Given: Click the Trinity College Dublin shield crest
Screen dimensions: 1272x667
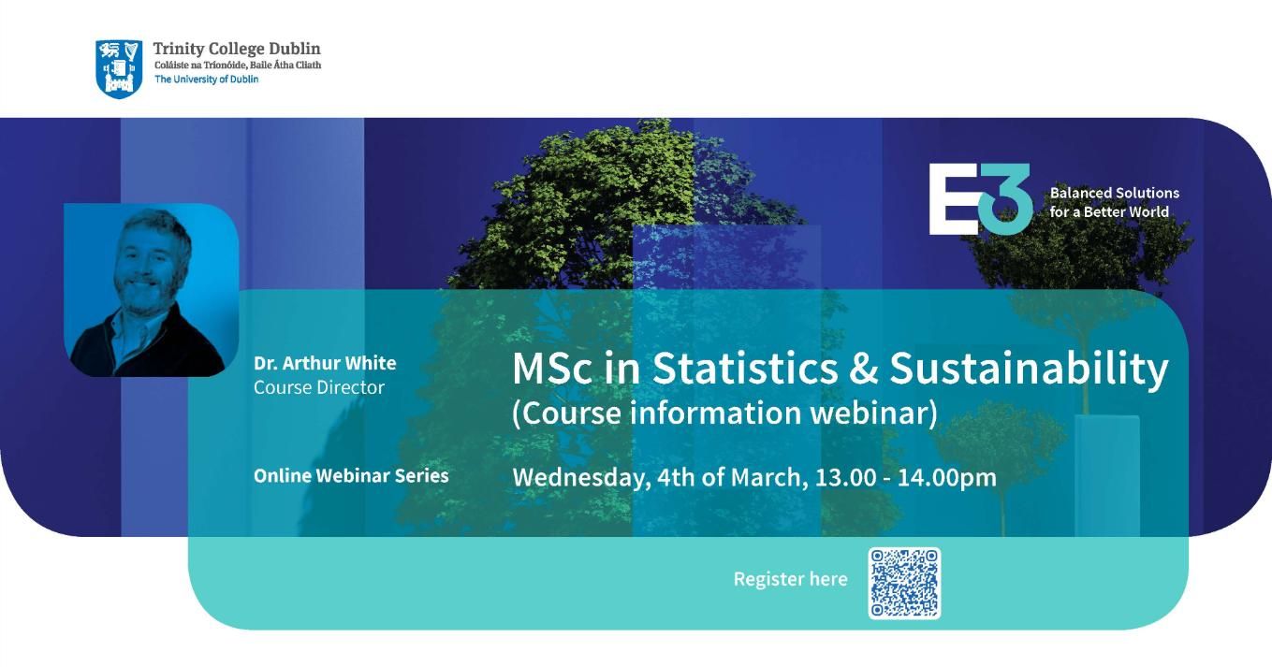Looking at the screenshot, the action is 119,68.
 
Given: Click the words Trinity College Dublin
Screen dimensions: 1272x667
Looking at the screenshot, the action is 237,49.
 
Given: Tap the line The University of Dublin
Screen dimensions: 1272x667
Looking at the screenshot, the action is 206,80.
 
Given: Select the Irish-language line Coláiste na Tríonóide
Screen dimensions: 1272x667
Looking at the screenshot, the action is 238,65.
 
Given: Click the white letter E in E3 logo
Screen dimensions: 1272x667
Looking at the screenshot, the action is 954,199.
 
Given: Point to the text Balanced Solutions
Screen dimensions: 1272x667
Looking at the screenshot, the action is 1115,193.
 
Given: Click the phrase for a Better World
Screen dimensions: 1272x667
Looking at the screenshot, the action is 1109,211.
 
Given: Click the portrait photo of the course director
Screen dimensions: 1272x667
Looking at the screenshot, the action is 151,290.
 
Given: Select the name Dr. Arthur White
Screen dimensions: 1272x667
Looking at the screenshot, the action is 325,363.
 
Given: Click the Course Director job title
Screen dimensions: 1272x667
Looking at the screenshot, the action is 319,387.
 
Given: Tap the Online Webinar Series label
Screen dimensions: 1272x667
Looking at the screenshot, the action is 351,476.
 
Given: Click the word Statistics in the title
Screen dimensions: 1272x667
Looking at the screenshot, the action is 744,368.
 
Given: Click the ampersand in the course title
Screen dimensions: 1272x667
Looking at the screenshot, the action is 863,369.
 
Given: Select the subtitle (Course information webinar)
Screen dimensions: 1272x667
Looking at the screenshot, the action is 724,413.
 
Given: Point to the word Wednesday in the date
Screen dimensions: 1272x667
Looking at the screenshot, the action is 581,478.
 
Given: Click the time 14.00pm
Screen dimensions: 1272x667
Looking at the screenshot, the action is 946,478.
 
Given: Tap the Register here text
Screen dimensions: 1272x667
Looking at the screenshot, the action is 791,579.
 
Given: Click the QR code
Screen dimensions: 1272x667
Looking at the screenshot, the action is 904,583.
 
